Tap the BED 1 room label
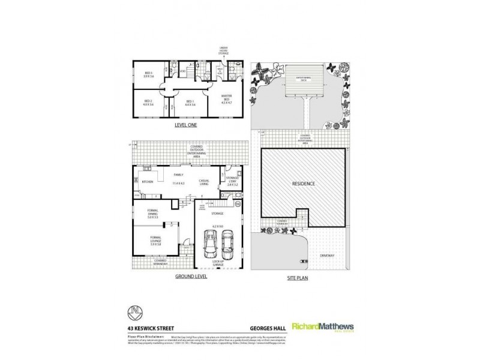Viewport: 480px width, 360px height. click(190, 102)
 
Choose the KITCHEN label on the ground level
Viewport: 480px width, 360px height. click(146, 181)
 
